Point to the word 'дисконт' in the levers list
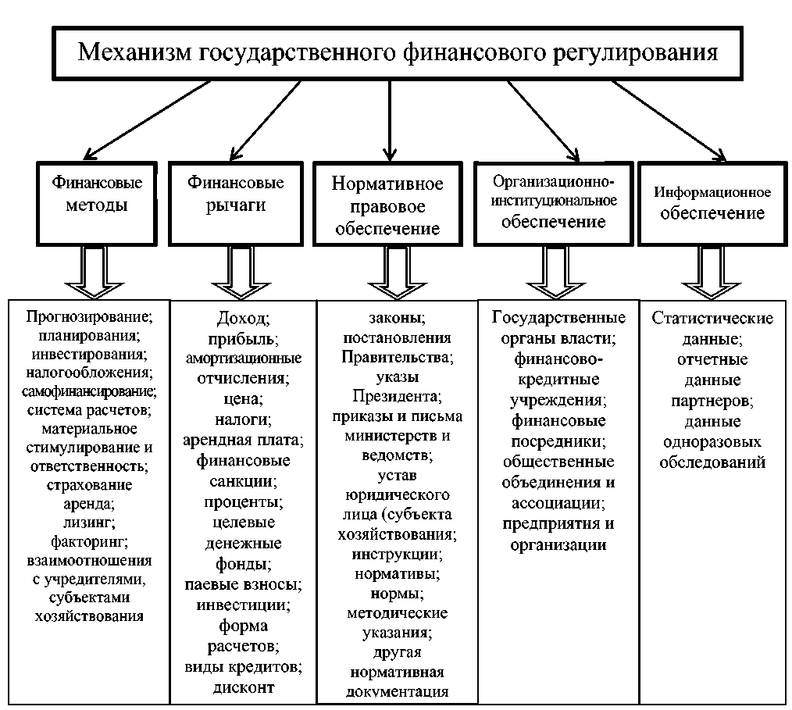244,688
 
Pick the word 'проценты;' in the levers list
244,501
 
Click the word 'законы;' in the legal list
397,319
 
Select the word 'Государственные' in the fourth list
558,319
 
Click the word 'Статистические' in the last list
712,319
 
